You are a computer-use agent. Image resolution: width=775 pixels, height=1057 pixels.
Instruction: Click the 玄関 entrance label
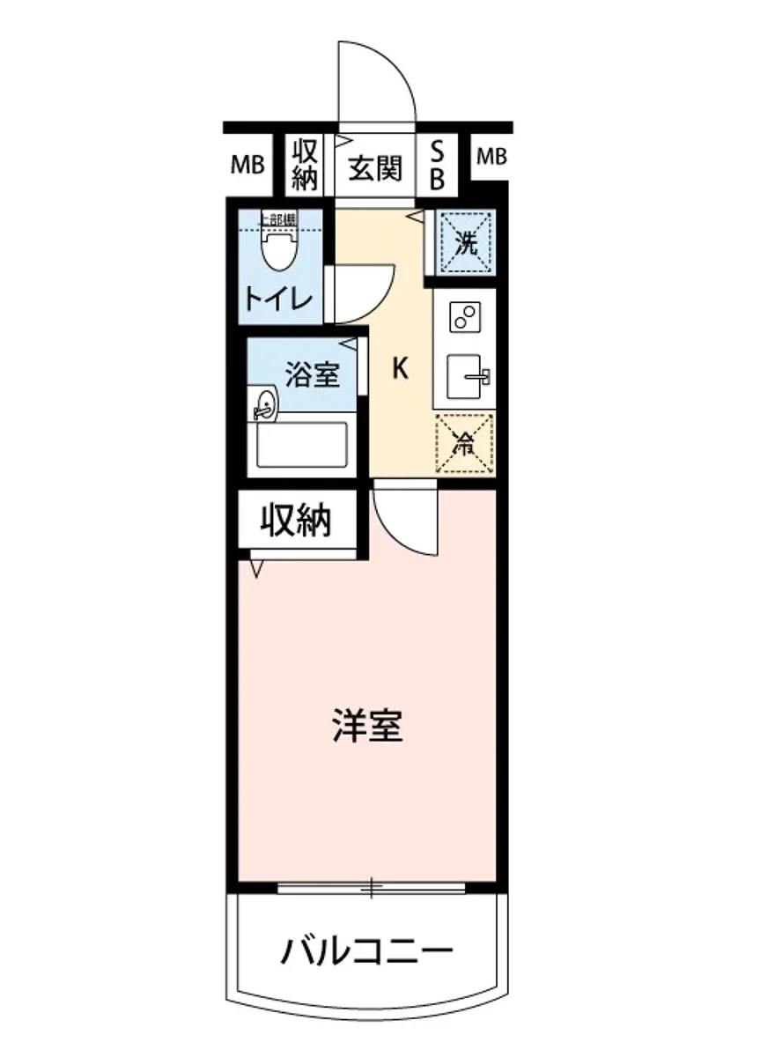(x=374, y=166)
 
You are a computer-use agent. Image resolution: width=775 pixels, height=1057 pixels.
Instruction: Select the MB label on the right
(x=491, y=157)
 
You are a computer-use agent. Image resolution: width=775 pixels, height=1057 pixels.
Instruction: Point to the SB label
(x=437, y=166)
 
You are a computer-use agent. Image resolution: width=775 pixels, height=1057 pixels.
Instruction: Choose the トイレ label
(x=278, y=299)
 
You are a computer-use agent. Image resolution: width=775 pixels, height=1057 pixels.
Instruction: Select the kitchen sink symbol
(x=467, y=377)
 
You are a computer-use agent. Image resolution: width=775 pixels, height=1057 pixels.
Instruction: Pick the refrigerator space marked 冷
(x=464, y=442)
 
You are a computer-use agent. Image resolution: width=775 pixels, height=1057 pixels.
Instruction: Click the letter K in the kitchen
(x=399, y=368)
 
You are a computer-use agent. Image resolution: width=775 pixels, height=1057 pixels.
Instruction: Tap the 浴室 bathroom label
(x=311, y=375)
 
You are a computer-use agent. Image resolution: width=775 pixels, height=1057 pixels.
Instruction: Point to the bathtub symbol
(x=301, y=445)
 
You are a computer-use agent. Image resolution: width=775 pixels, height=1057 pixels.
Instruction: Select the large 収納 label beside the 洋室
(x=295, y=521)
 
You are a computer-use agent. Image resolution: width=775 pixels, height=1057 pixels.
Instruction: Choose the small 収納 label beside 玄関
(x=304, y=165)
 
